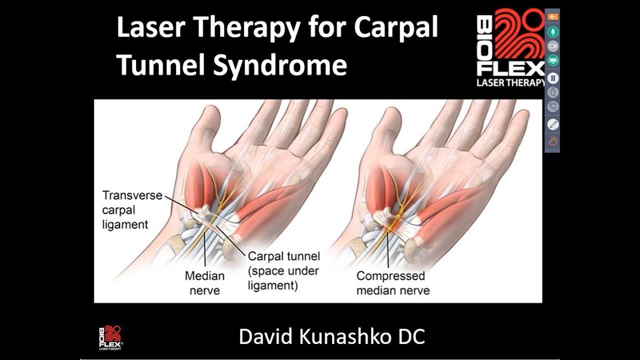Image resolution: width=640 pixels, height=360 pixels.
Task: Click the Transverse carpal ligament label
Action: pos(132,209)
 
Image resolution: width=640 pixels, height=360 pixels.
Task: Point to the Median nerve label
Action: pos(204,282)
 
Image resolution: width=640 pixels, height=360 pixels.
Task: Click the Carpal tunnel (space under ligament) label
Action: pos(283,271)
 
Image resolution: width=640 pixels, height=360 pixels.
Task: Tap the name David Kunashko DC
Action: pos(332,336)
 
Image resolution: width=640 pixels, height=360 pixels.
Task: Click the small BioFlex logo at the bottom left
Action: pos(110,337)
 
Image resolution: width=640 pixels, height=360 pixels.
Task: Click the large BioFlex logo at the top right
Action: pos(510,47)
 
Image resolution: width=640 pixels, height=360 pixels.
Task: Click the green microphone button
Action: pos(553,32)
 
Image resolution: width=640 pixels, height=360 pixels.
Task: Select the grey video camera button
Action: pos(553,46)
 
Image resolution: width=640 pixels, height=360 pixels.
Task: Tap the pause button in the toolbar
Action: pos(553,78)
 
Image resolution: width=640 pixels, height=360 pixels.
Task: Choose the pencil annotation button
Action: pos(553,124)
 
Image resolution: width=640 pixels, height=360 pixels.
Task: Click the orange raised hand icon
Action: pos(553,141)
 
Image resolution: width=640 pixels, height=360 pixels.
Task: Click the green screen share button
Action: pos(553,61)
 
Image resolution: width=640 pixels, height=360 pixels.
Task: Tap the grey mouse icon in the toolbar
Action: pos(553,92)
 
